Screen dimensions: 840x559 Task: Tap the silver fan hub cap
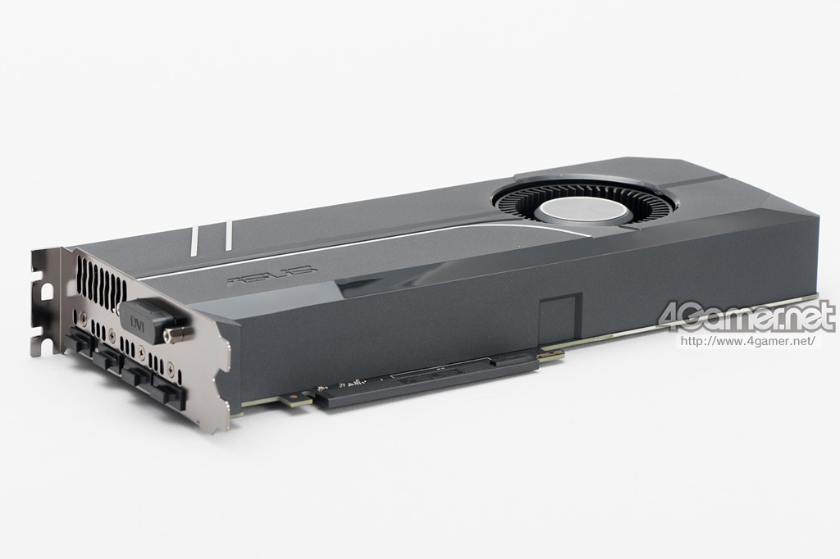pyautogui.click(x=582, y=211)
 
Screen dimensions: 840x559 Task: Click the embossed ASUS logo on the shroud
pyautogui.click(x=272, y=275)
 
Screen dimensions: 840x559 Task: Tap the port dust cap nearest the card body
pyautogui.click(x=169, y=391)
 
